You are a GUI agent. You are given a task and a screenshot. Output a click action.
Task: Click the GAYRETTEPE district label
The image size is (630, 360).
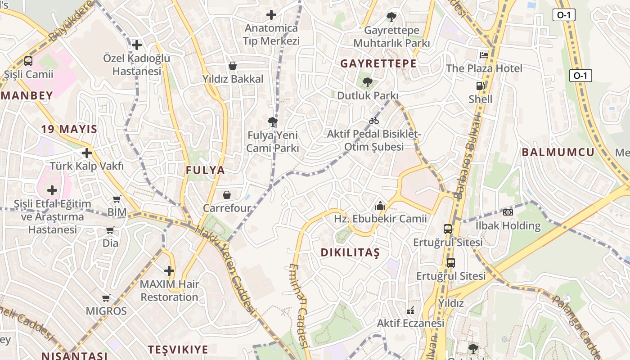(378, 63)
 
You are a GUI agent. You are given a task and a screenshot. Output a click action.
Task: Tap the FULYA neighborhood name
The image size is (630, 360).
(205, 170)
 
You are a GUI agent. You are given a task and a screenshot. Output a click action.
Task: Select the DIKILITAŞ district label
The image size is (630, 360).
(350, 252)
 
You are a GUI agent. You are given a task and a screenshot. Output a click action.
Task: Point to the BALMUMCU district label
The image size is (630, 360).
(558, 152)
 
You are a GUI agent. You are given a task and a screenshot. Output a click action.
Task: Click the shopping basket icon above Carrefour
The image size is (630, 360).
(226, 195)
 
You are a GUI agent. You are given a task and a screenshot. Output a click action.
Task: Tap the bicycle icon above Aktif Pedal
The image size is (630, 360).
(373, 121)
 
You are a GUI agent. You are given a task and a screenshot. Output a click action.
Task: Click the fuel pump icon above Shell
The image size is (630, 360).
(480, 85)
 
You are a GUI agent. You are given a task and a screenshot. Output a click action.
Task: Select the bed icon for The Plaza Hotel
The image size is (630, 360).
(484, 55)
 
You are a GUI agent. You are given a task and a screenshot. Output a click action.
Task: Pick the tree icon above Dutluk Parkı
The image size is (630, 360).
(368, 82)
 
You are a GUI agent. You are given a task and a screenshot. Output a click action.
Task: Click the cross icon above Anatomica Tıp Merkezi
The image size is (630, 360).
(271, 15)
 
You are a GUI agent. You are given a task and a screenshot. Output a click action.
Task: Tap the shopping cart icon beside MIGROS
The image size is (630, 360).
(106, 298)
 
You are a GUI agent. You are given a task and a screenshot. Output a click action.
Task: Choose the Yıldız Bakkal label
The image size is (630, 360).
(233, 79)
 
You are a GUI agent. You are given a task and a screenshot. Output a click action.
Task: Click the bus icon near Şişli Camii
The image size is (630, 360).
(28, 61)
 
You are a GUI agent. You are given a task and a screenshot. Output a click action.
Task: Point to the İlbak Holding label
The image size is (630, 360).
(508, 226)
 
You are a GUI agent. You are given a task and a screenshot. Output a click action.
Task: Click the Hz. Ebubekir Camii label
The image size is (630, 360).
(380, 219)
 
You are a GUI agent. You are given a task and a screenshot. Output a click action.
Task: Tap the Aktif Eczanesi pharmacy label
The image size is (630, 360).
(410, 323)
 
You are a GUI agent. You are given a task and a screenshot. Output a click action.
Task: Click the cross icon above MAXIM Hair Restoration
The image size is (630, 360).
(169, 271)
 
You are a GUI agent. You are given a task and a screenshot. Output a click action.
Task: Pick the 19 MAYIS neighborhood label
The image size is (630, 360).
(69, 129)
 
